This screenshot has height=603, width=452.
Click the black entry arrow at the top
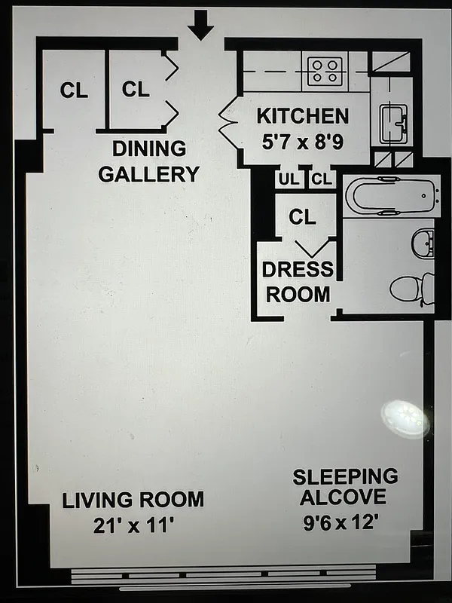coord(200,26)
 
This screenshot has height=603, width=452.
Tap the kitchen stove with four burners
coord(325,71)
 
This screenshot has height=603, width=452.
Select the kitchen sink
coord(392,121)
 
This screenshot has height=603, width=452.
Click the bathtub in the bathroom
coord(391,197)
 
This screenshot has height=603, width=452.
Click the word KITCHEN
coord(303,116)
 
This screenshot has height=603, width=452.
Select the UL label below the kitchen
coord(288,179)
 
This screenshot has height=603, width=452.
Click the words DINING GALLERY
coord(149,161)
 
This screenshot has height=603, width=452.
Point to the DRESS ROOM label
coord(298,281)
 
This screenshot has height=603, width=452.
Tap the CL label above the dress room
coord(302,217)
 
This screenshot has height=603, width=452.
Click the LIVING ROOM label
coord(133,499)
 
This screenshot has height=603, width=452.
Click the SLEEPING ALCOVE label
coord(345,487)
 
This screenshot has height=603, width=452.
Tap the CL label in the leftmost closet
coord(74,91)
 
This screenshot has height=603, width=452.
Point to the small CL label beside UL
coord(322,179)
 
